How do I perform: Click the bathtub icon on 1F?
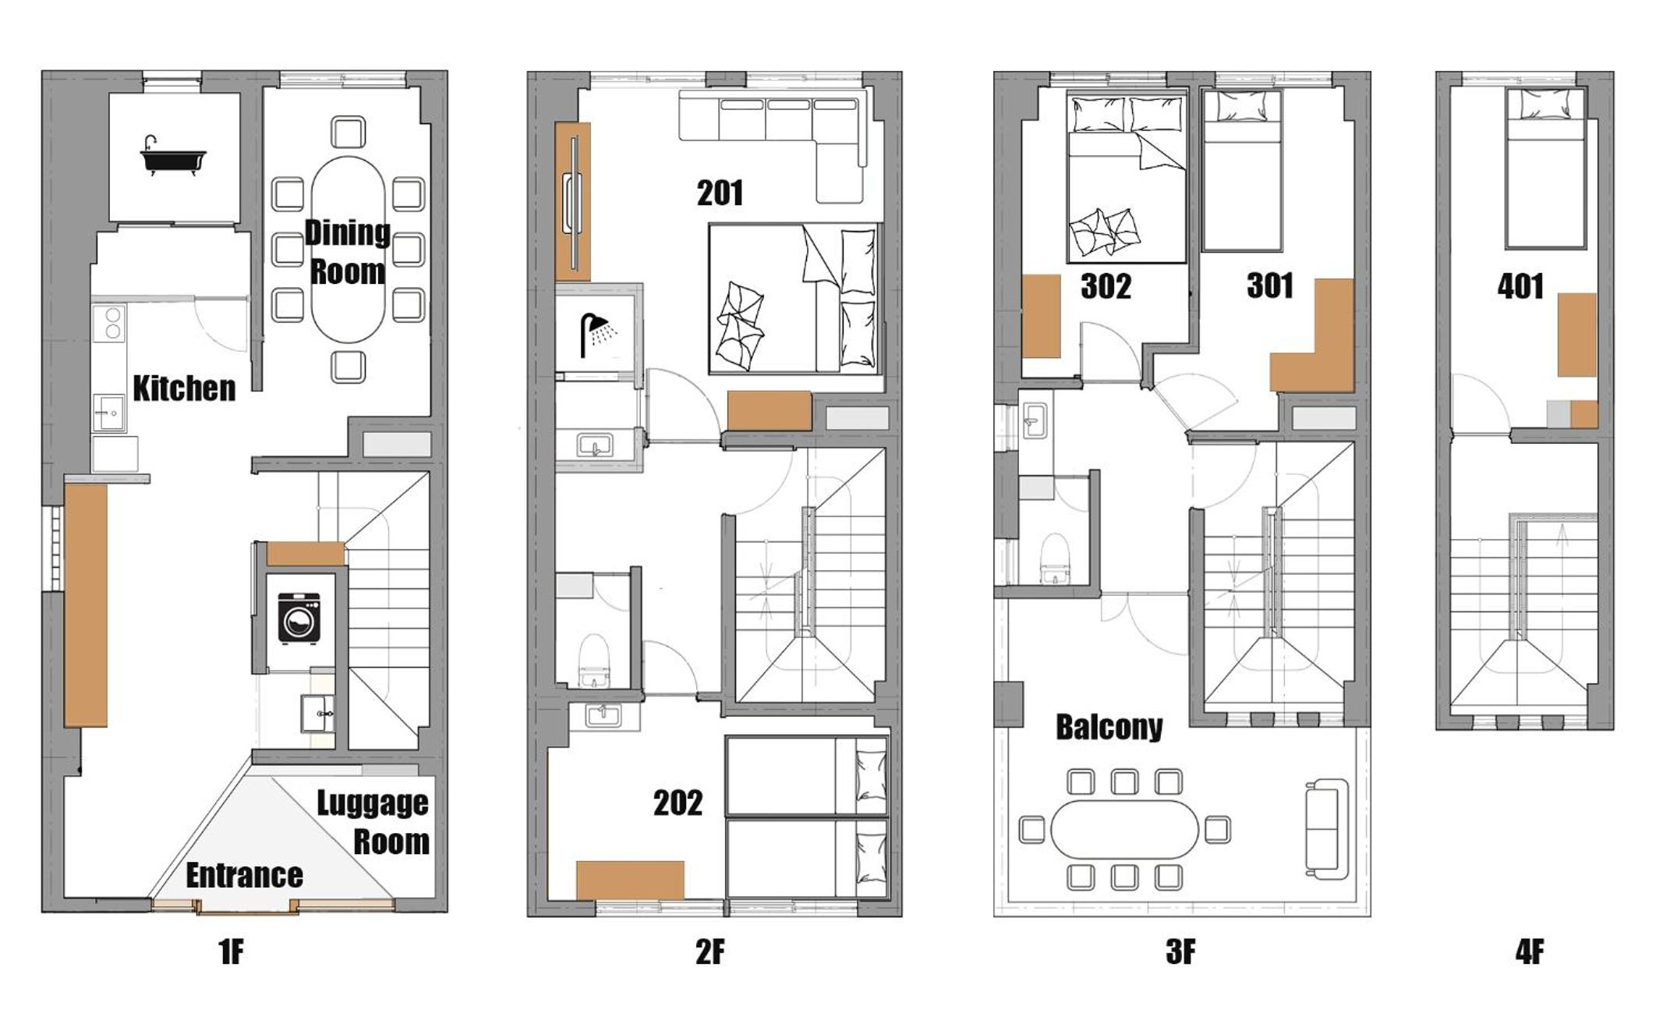[173, 156]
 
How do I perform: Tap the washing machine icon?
[299, 618]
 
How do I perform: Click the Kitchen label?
[184, 388]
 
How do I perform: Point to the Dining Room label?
[347, 252]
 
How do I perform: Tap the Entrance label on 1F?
[244, 875]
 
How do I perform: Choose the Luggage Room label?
[373, 822]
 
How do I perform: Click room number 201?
[720, 193]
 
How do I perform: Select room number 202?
[678, 803]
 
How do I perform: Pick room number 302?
[1106, 286]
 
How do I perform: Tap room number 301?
[1270, 285]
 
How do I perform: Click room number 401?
[1520, 286]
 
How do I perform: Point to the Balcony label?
[1109, 727]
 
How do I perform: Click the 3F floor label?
[1180, 952]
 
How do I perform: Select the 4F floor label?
[1530, 952]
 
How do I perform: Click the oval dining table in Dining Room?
[348, 250]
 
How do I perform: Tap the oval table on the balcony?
[1124, 829]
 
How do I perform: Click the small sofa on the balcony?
[1327, 828]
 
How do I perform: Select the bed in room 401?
[1545, 168]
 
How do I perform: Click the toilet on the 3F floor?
[1054, 558]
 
